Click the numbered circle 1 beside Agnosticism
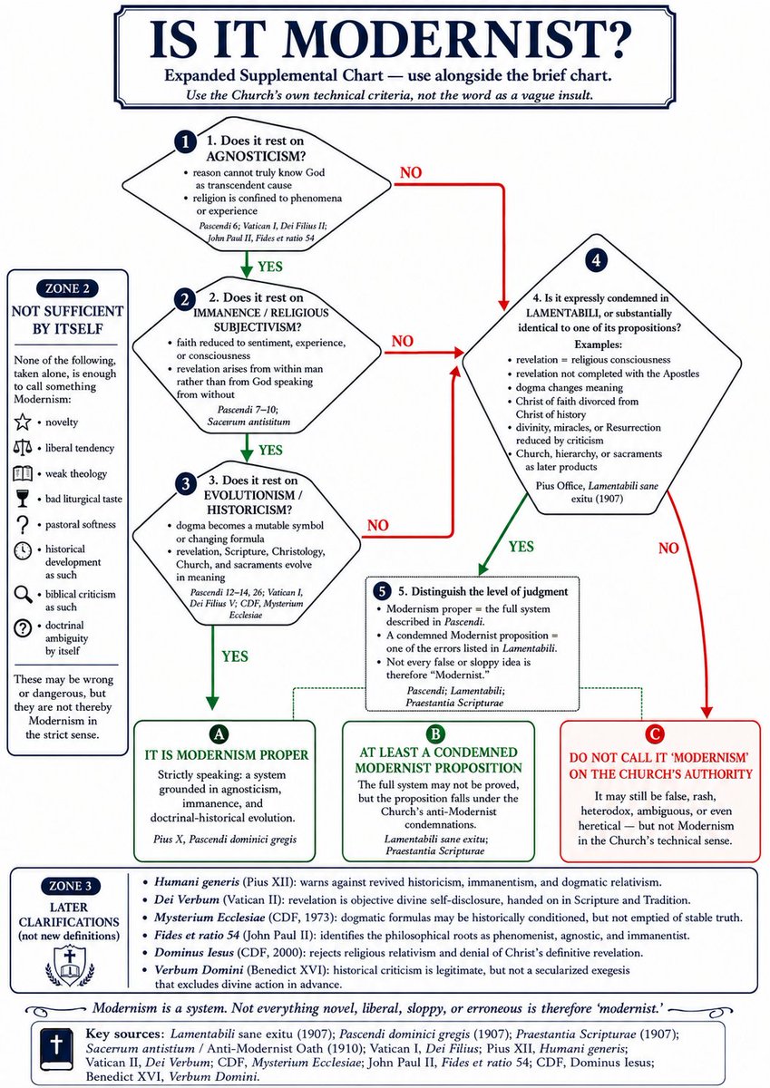(x=185, y=142)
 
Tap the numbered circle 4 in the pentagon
(x=596, y=260)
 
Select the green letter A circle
(x=219, y=733)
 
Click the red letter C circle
(x=655, y=733)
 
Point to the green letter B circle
(x=435, y=733)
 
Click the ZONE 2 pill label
(x=67, y=288)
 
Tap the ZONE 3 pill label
(x=71, y=886)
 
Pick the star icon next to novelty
(x=23, y=422)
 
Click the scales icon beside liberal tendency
(x=23, y=447)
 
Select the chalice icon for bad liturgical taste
(x=23, y=499)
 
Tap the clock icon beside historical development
(x=23, y=550)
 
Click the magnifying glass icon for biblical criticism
(x=23, y=595)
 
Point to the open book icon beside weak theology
(x=23, y=473)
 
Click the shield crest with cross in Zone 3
(x=70, y=967)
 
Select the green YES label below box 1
(x=270, y=267)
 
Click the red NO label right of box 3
(x=378, y=525)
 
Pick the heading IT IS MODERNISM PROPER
(x=227, y=754)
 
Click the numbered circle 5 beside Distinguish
(x=382, y=591)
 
